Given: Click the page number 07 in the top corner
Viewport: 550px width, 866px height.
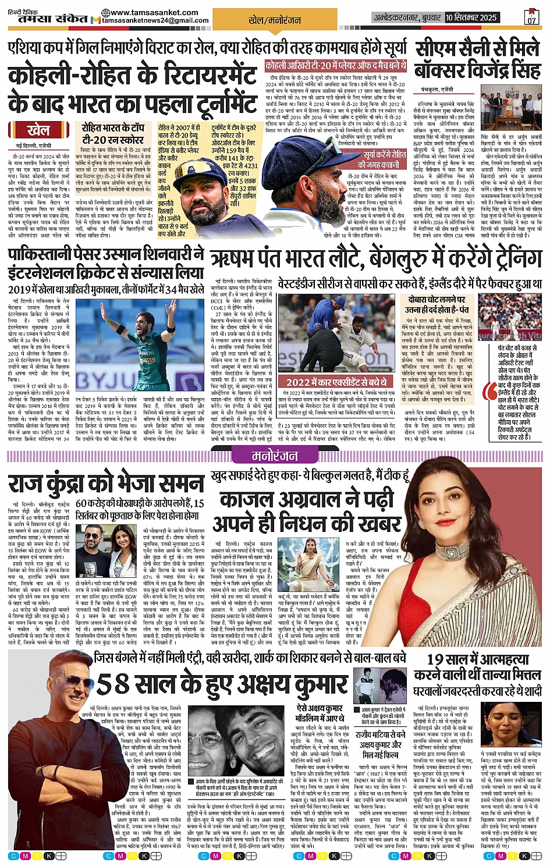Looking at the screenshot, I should (531, 19).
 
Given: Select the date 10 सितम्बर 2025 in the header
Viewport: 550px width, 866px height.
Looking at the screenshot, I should (471, 17).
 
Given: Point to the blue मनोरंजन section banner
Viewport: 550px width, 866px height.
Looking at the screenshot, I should (275, 456).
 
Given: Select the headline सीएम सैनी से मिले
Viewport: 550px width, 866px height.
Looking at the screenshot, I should (477, 49).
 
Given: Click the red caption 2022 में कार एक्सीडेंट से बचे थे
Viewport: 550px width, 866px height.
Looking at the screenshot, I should (336, 382).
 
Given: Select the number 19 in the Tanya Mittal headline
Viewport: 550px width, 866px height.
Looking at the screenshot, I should (439, 659).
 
